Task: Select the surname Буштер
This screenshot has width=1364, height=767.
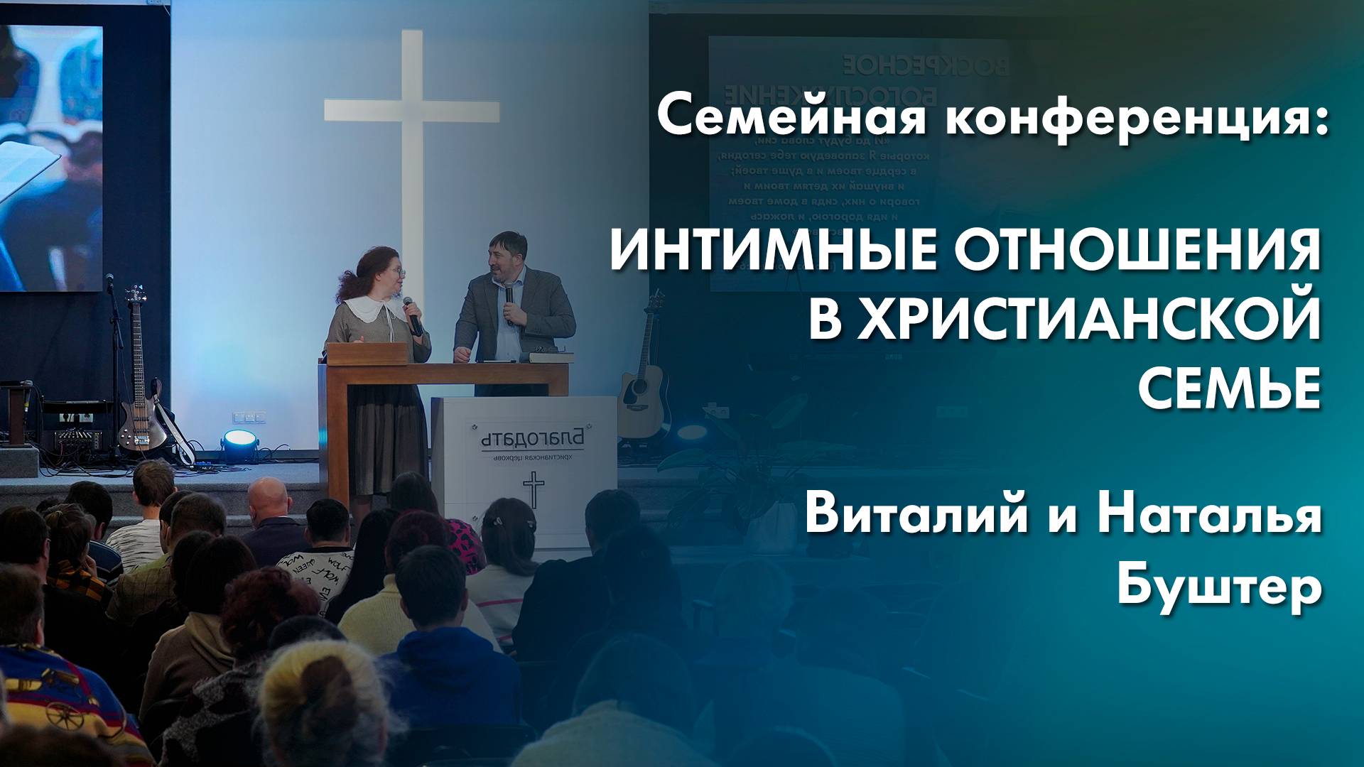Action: tap(1219, 587)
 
